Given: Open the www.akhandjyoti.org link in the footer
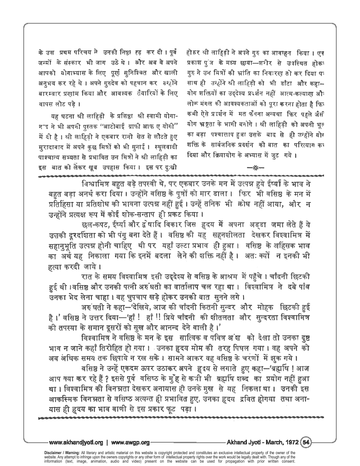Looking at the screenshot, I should [76, 443].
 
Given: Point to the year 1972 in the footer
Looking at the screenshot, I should [290, 443].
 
